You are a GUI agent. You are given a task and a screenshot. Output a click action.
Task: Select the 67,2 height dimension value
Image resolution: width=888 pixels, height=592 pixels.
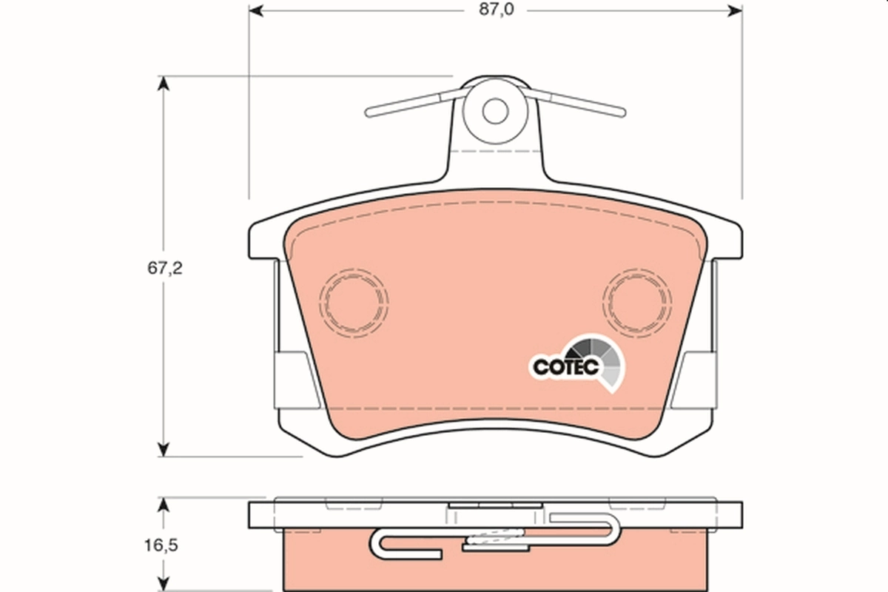click(x=164, y=268)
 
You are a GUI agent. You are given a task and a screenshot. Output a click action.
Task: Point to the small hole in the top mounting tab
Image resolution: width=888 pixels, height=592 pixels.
click(x=495, y=112)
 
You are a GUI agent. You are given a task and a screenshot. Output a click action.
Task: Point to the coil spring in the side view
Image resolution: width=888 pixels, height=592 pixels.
click(x=495, y=539)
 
